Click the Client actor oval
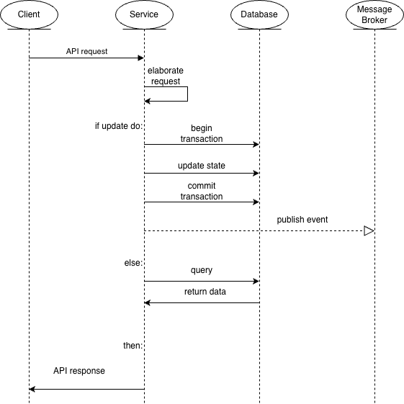tap(29, 14)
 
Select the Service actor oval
tap(144, 14)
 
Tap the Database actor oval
tap(259, 14)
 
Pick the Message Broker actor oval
tap(374, 14)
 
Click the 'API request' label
tap(86, 51)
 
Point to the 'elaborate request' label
tap(166, 76)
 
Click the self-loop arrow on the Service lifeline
tap(187, 94)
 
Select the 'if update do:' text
tap(119, 126)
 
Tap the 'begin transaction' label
tap(202, 133)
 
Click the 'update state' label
tap(202, 166)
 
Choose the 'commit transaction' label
tap(202, 191)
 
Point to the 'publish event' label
tap(302, 220)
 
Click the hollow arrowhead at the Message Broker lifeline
tap(369, 230)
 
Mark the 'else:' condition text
tap(133, 263)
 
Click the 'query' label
tap(202, 270)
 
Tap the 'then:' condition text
tap(133, 346)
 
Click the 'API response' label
tap(79, 371)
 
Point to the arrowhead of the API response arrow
tap(32, 389)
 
